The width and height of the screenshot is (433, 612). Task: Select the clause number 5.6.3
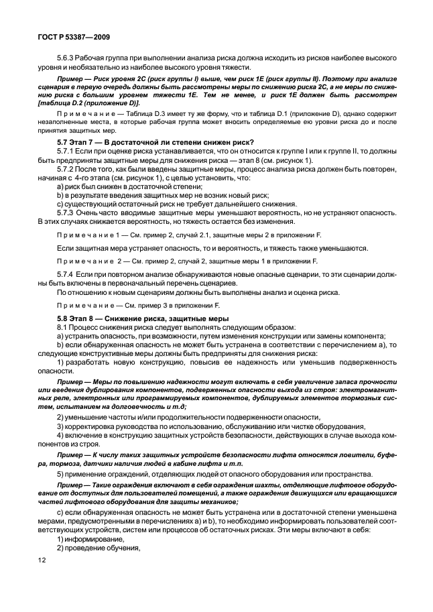pyautogui.click(x=66, y=58)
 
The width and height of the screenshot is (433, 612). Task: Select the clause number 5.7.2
pyautogui.click(x=66, y=170)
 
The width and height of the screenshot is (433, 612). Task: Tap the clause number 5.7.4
pyautogui.click(x=66, y=275)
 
